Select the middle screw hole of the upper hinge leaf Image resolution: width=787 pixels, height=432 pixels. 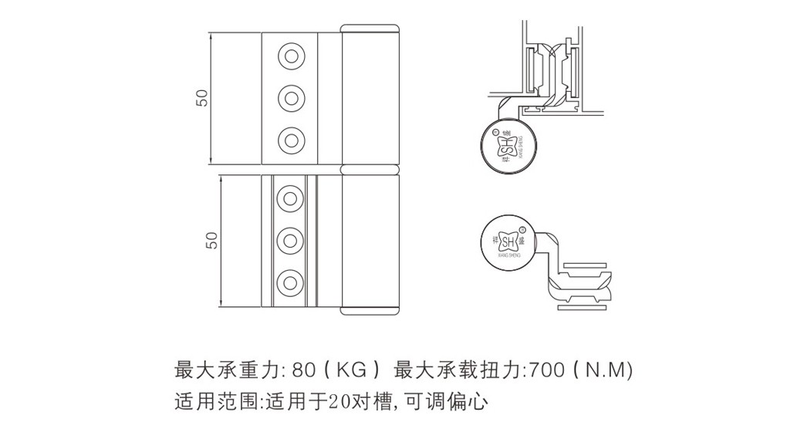pyautogui.click(x=291, y=97)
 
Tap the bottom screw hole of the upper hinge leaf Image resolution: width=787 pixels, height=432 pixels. pyautogui.click(x=291, y=140)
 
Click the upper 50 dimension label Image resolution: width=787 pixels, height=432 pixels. pyautogui.click(x=202, y=98)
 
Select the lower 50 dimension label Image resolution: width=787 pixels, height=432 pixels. pyautogui.click(x=212, y=240)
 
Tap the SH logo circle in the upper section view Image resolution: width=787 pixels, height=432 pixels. pyautogui.click(x=506, y=145)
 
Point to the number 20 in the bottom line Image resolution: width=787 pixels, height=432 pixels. pyautogui.click(x=337, y=401)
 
